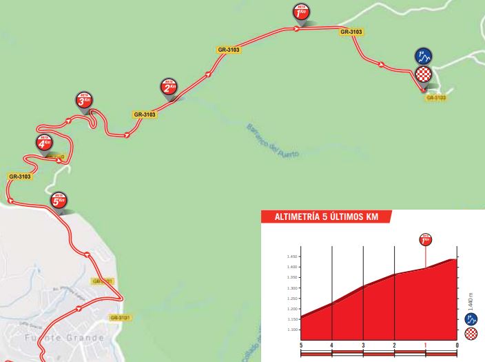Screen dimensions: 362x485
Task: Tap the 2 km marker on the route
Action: [x=169, y=87]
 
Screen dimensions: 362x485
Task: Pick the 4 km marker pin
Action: [x=44, y=143]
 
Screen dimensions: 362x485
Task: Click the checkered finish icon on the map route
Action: [x=424, y=74]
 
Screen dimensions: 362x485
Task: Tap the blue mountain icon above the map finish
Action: [x=424, y=57]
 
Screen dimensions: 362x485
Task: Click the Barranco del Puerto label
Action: [x=273, y=141]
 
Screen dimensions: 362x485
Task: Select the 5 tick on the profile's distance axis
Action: [x=301, y=344]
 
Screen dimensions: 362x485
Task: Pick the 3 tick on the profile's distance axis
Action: [x=363, y=344]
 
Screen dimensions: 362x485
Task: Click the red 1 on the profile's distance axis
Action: [x=425, y=344]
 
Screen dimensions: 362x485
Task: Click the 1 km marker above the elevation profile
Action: [x=425, y=240]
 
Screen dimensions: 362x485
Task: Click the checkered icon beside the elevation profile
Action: [x=471, y=334]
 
